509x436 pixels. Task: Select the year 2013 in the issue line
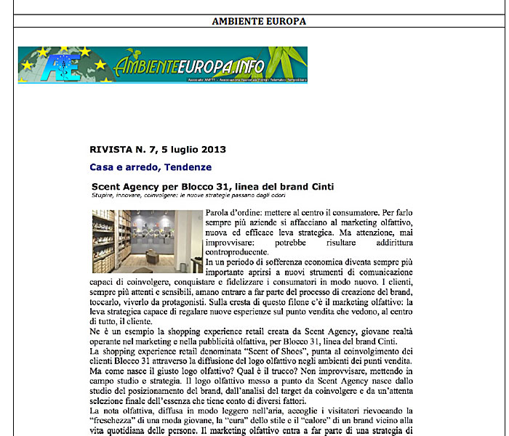pos(211,150)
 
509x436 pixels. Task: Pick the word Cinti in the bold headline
pos(320,187)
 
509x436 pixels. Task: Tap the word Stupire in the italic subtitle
pos(104,195)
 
